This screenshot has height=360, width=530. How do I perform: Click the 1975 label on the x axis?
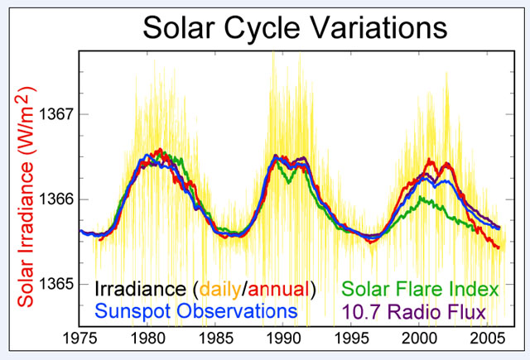tap(81, 339)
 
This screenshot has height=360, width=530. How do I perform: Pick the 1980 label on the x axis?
tap(149, 339)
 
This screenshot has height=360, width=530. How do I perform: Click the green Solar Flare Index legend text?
tap(421, 289)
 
